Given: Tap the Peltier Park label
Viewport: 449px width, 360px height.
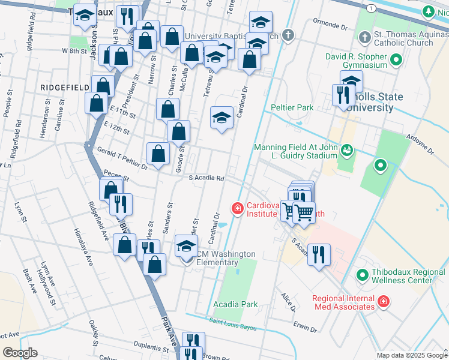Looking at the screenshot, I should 292,107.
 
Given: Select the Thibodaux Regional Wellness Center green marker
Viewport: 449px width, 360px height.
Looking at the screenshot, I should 362,275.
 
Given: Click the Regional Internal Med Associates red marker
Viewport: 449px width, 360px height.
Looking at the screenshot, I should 383,302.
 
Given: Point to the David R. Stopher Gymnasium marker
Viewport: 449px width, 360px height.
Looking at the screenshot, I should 396,60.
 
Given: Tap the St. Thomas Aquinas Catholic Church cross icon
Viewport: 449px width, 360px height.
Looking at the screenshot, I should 364,38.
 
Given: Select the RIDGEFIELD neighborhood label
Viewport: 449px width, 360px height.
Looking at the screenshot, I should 64,88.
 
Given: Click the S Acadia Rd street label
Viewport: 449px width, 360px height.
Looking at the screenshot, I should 206,178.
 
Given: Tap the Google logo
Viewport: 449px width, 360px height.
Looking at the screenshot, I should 20,352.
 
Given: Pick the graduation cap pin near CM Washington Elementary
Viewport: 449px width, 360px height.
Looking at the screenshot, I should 187,246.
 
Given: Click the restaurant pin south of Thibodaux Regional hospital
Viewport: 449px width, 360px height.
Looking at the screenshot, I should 318,254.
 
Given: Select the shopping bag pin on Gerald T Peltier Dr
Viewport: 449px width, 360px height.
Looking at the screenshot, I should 158,154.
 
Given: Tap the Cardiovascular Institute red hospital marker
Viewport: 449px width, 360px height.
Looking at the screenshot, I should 238,209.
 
